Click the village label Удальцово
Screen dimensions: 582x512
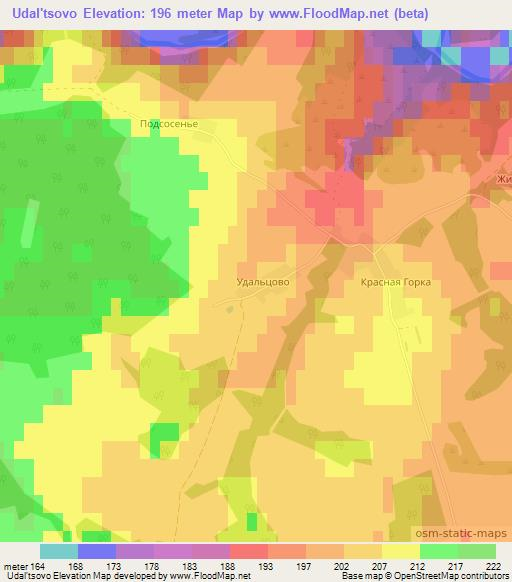(264, 283)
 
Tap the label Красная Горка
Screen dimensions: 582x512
(396, 283)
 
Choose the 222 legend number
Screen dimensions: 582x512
(493, 565)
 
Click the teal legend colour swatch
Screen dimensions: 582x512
(58, 551)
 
